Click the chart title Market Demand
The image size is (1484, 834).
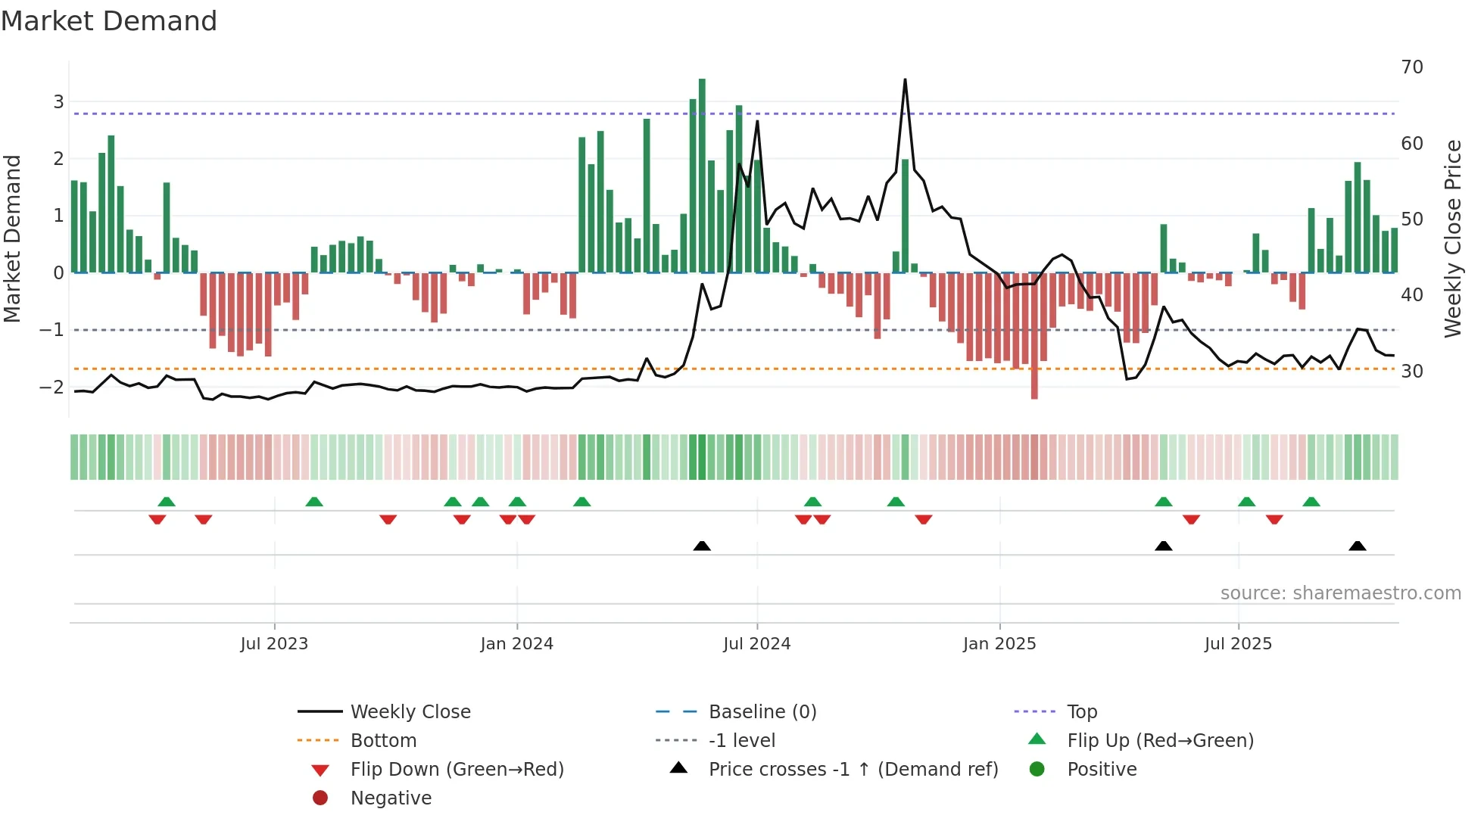109,21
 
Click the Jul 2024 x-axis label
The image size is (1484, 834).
756,644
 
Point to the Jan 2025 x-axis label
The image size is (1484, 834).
999,644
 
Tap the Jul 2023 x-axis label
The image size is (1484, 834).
274,644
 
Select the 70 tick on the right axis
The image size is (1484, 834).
1411,67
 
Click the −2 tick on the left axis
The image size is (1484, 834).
51,387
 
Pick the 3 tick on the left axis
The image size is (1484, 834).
58,101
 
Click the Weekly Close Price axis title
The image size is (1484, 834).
1452,238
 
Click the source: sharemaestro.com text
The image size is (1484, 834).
1340,593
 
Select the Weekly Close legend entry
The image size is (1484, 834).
410,712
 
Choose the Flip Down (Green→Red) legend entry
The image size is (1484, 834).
457,770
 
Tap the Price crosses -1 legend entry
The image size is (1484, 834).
853,770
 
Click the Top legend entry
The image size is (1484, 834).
1081,712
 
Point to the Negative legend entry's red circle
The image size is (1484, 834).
320,798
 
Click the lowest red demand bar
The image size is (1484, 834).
1034,337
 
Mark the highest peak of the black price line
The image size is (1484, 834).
905,79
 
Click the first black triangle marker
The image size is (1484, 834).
702,546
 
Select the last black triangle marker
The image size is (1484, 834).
1357,546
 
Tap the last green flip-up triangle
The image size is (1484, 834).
1311,502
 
